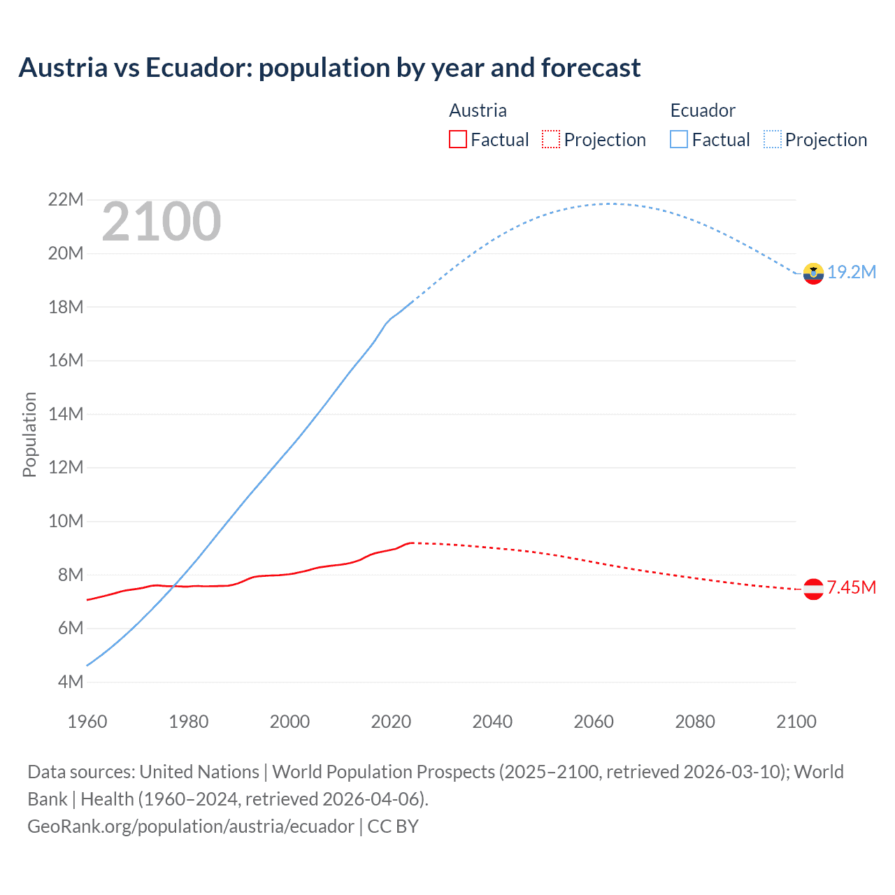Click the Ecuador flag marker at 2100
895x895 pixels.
tap(813, 273)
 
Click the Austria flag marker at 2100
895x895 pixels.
tap(813, 589)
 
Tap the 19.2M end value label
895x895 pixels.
tap(852, 272)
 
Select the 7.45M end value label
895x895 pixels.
tap(852, 587)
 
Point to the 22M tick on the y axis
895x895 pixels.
tap(65, 200)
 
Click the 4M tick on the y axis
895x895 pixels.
tap(70, 682)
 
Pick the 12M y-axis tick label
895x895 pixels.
tap(65, 468)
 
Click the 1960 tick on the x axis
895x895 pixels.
tap(87, 722)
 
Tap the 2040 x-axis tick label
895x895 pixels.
tap(492, 722)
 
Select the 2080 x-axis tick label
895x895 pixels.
tap(695, 722)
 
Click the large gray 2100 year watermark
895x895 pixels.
tap(162, 222)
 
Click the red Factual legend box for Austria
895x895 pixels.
tap(457, 139)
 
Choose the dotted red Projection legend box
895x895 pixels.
tap(551, 139)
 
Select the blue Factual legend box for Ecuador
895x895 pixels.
tap(679, 139)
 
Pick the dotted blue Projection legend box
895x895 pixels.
tap(773, 139)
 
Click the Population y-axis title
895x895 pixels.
tap(29, 434)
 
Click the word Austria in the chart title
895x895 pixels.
tap(64, 68)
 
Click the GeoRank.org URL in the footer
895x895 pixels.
tap(190, 826)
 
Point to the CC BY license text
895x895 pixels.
tap(393, 826)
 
